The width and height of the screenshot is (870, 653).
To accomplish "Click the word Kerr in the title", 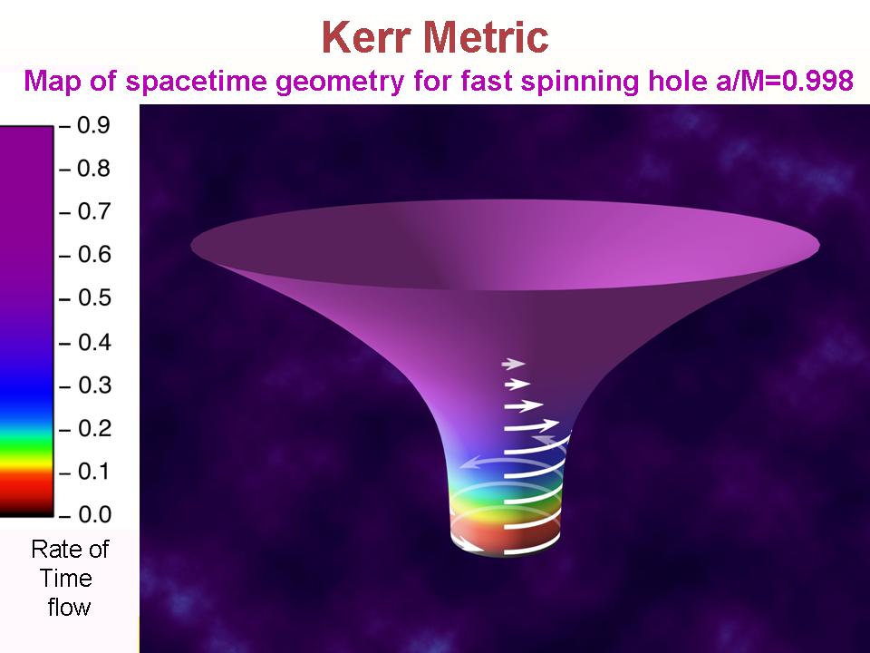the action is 366,37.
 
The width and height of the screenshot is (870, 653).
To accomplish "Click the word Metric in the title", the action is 486,37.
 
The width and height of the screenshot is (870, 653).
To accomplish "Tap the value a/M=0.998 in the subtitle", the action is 781,81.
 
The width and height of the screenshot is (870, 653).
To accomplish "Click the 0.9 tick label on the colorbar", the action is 93,125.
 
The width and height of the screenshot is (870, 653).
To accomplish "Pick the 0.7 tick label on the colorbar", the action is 93,211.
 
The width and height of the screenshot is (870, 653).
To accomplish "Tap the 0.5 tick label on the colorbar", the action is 93,297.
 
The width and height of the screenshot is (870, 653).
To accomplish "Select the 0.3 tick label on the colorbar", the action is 93,385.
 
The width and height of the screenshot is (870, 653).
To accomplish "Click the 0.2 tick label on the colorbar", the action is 93,428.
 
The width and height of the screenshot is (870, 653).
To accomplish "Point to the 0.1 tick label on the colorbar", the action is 93,472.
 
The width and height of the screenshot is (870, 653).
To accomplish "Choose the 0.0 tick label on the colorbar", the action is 93,515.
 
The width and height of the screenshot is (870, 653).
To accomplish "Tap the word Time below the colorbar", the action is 65,578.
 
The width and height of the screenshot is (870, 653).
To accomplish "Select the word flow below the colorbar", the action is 69,607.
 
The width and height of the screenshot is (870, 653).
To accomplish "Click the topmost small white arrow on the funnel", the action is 513,364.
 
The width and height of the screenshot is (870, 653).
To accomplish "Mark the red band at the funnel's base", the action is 504,532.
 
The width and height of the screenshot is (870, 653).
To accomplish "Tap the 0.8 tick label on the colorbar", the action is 93,169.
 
